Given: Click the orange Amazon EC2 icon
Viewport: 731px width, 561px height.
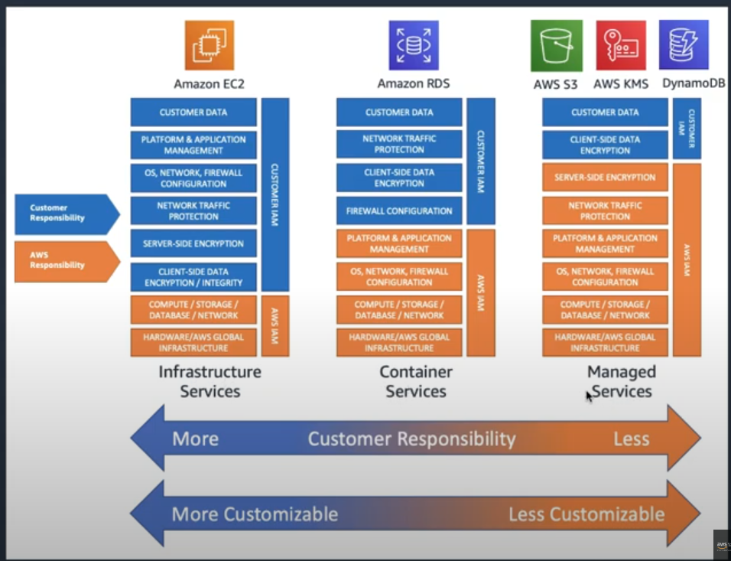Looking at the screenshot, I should [209, 46].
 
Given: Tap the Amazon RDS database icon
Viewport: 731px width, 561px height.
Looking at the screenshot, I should [414, 46].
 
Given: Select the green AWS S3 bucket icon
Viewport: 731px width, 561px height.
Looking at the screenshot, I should [556, 46].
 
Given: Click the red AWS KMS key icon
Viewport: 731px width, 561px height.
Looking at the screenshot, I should [621, 46].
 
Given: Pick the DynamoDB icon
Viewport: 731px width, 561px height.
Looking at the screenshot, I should [684, 44].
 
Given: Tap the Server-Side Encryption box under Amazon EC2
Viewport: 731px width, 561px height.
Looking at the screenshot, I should [193, 244].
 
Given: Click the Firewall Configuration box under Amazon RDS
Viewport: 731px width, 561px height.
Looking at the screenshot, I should [399, 210].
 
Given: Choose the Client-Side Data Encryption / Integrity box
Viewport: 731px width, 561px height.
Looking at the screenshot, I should [193, 276].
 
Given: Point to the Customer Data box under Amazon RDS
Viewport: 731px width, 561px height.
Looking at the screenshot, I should [399, 113].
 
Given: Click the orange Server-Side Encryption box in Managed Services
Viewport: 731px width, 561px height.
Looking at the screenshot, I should [605, 178].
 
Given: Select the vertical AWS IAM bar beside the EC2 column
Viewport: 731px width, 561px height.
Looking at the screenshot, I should [275, 326].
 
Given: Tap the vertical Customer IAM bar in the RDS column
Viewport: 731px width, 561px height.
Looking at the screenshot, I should [481, 161].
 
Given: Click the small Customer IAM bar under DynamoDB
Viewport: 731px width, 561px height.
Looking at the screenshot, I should [687, 128].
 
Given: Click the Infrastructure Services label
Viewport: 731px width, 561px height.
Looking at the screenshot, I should [210, 381].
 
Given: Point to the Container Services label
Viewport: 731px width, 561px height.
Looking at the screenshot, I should [416, 381].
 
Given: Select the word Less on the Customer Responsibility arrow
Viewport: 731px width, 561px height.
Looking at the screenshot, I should [631, 439].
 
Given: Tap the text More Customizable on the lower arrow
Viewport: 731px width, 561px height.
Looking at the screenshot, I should [255, 514].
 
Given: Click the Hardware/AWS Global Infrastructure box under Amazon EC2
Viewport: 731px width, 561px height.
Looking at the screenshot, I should [193, 342].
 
